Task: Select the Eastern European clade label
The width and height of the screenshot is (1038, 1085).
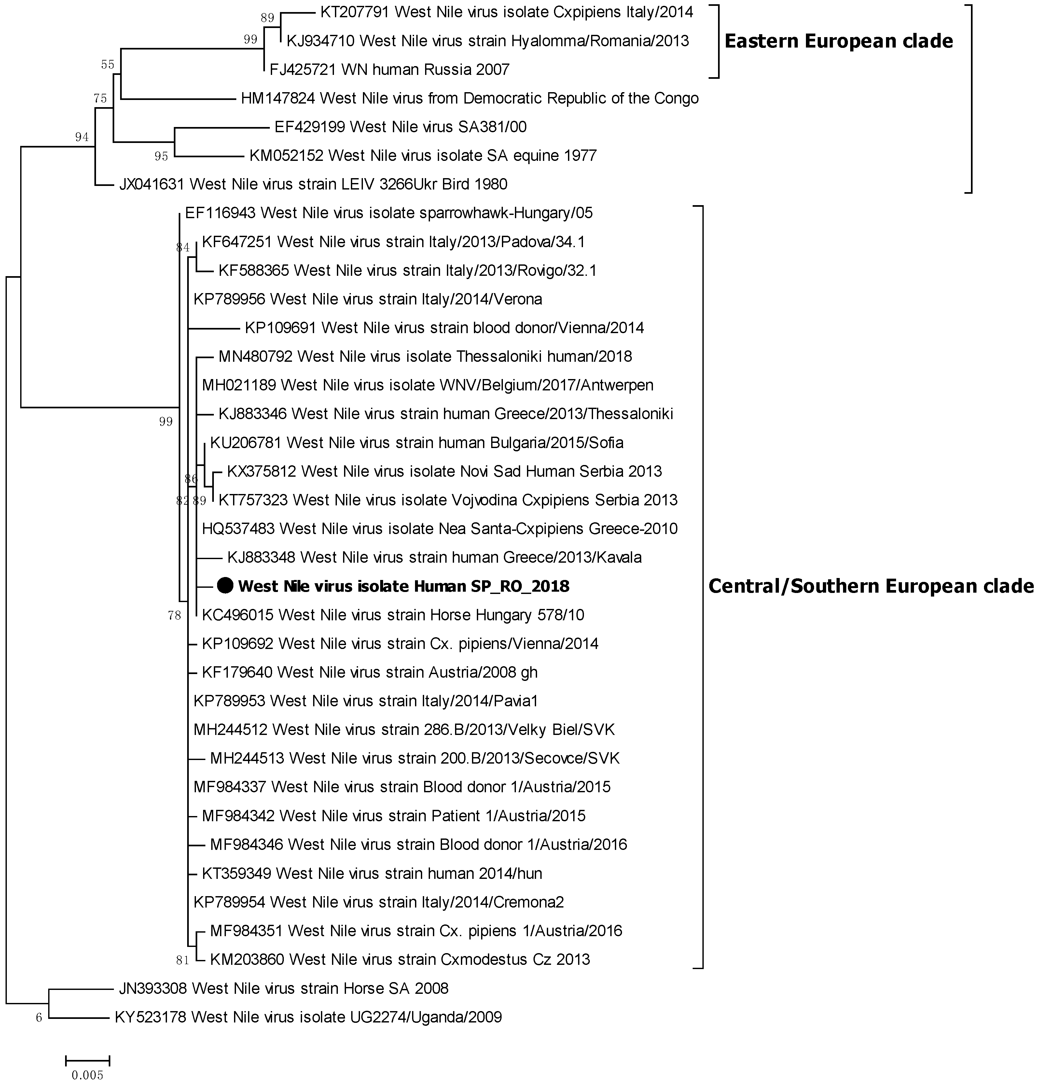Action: coord(838,41)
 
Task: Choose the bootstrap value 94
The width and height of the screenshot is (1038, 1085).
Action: coord(82,137)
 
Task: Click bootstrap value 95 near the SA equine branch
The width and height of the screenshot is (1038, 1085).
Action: coord(161,157)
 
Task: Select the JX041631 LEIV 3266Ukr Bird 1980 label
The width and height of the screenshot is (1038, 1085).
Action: coord(313,184)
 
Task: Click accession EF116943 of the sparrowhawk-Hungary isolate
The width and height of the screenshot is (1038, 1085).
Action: coord(220,213)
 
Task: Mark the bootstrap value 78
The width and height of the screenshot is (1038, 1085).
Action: coord(174,615)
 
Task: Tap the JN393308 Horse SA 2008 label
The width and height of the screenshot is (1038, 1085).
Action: coord(283,988)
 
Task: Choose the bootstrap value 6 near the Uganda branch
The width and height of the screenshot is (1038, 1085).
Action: coord(39,1018)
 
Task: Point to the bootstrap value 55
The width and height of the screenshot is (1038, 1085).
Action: coord(107,65)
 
